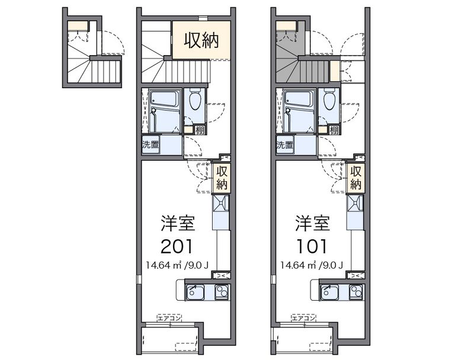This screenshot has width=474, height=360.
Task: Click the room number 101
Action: pos(312,245)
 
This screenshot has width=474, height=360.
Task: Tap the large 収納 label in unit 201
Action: pos(201,41)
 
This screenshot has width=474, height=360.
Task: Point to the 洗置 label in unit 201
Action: pos(150,144)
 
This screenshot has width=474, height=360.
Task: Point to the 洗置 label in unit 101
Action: pos(284,144)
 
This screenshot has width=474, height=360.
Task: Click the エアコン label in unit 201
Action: pos(169,318)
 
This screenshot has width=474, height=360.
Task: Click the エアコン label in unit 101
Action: pos(304,318)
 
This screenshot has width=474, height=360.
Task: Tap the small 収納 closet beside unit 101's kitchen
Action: pos(355,178)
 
